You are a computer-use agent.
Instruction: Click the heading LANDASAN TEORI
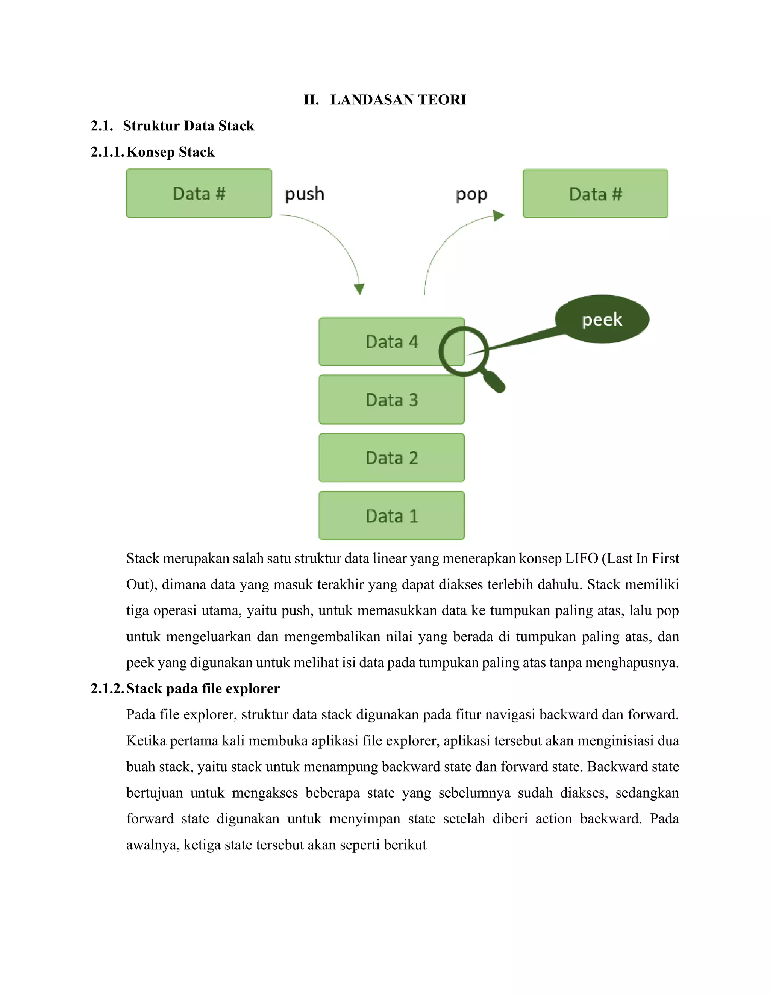398,100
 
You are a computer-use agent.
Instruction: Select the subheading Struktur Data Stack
188,126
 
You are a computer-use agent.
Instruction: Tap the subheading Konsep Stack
170,152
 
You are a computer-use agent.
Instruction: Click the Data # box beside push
199,193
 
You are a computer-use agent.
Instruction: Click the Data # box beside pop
595,194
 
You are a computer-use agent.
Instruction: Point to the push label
305,194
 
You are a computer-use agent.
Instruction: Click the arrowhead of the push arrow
359,289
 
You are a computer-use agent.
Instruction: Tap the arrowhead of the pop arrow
499,216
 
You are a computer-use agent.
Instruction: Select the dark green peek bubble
602,319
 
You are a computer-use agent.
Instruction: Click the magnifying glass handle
494,381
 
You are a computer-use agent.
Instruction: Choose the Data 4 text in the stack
392,342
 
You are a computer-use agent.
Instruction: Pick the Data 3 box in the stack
392,400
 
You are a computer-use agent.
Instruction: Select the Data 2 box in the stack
392,458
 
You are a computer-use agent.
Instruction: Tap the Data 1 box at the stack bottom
392,516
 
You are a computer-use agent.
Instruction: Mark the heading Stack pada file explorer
203,689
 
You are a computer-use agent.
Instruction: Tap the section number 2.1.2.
107,689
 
